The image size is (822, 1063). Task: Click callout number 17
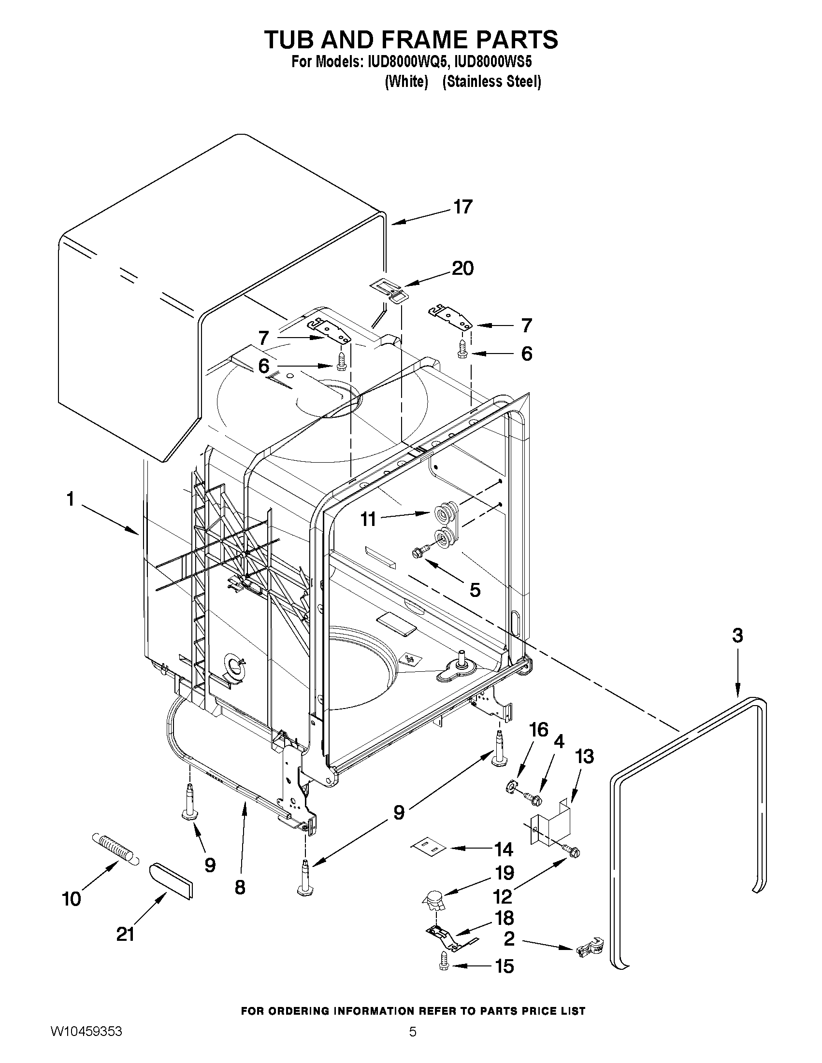point(462,207)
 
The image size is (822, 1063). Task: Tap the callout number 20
point(462,268)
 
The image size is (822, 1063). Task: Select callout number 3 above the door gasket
point(737,635)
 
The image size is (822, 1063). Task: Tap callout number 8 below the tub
point(240,887)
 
